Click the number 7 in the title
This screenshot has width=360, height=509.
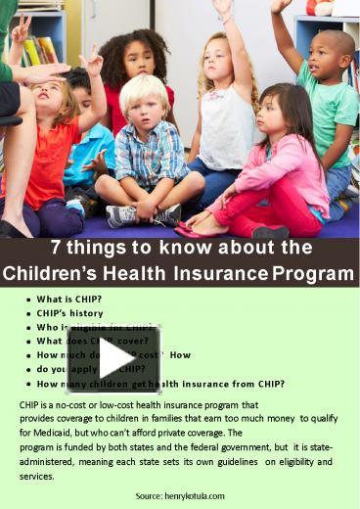click(x=57, y=247)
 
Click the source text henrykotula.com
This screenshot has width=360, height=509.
click(x=180, y=495)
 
